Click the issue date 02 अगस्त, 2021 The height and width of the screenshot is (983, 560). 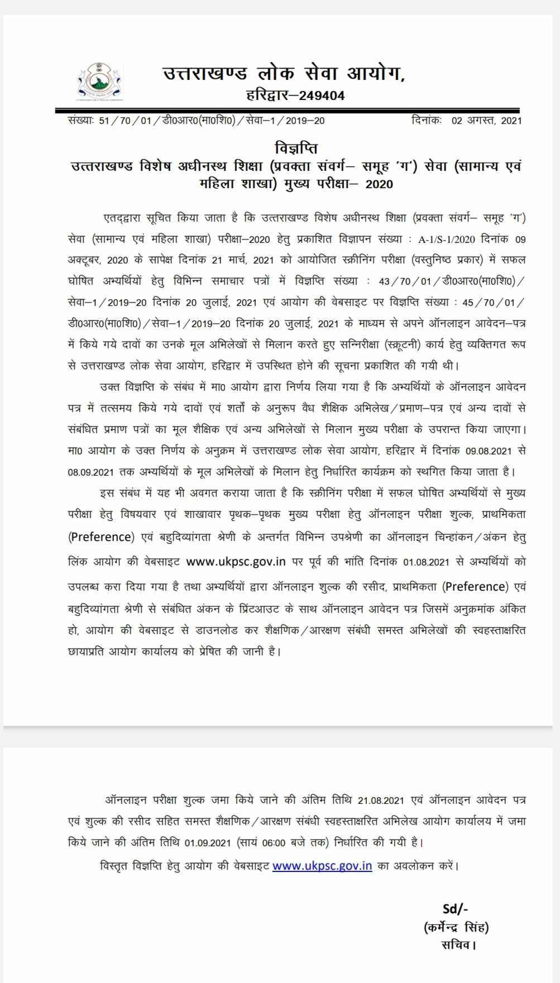coord(486,121)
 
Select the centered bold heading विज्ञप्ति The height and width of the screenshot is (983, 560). coord(296,149)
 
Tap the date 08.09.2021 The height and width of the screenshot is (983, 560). coord(91,472)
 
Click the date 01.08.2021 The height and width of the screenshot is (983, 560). coord(423,561)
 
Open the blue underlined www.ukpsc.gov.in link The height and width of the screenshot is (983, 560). coord(322,866)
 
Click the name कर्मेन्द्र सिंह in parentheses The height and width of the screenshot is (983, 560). coord(456,927)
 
